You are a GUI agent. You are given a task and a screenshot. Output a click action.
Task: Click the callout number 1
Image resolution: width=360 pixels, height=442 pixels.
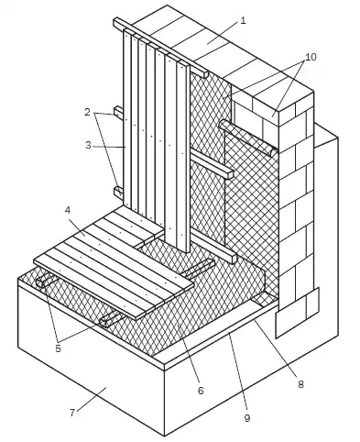pyautogui.click(x=243, y=21)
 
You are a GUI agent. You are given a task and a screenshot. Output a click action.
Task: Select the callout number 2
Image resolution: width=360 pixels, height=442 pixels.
pyautogui.click(x=87, y=113)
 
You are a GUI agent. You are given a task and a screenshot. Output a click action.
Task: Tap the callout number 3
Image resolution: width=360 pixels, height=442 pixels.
pyautogui.click(x=88, y=145)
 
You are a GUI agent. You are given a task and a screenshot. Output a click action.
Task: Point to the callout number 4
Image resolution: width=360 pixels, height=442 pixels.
pyautogui.click(x=68, y=210)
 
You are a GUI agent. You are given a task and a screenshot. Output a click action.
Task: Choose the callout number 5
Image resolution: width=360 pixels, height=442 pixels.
pyautogui.click(x=58, y=348)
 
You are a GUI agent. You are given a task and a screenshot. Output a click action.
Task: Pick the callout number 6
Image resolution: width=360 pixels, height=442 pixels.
pyautogui.click(x=201, y=391)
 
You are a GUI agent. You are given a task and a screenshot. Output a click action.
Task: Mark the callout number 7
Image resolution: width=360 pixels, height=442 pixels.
pyautogui.click(x=72, y=413)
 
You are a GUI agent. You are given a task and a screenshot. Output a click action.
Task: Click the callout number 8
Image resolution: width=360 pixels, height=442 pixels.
pyautogui.click(x=300, y=384)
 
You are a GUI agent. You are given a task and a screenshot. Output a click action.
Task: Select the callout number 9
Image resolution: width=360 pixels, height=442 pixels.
pyautogui.click(x=247, y=418)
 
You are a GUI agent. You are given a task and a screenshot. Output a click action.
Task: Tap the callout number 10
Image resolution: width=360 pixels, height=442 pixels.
pyautogui.click(x=311, y=57)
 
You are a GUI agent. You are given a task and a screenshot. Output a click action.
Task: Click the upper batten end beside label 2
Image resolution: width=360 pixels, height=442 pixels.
pyautogui.click(x=119, y=112)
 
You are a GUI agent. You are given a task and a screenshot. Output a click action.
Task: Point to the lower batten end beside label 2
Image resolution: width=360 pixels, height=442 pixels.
pyautogui.click(x=119, y=193)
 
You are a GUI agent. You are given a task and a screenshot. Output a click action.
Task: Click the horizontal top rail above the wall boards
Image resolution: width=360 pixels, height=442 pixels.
pyautogui.click(x=160, y=48)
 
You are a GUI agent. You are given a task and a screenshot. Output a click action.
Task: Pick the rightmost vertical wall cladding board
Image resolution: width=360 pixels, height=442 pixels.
pyautogui.click(x=183, y=156)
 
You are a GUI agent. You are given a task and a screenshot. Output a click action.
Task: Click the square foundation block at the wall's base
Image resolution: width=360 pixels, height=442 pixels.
pyautogui.click(x=298, y=313)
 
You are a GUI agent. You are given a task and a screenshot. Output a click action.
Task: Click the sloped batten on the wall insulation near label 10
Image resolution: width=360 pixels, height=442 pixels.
pyautogui.click(x=248, y=138)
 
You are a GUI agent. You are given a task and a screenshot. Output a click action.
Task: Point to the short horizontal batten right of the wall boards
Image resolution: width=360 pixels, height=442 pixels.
pyautogui.click(x=212, y=164)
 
